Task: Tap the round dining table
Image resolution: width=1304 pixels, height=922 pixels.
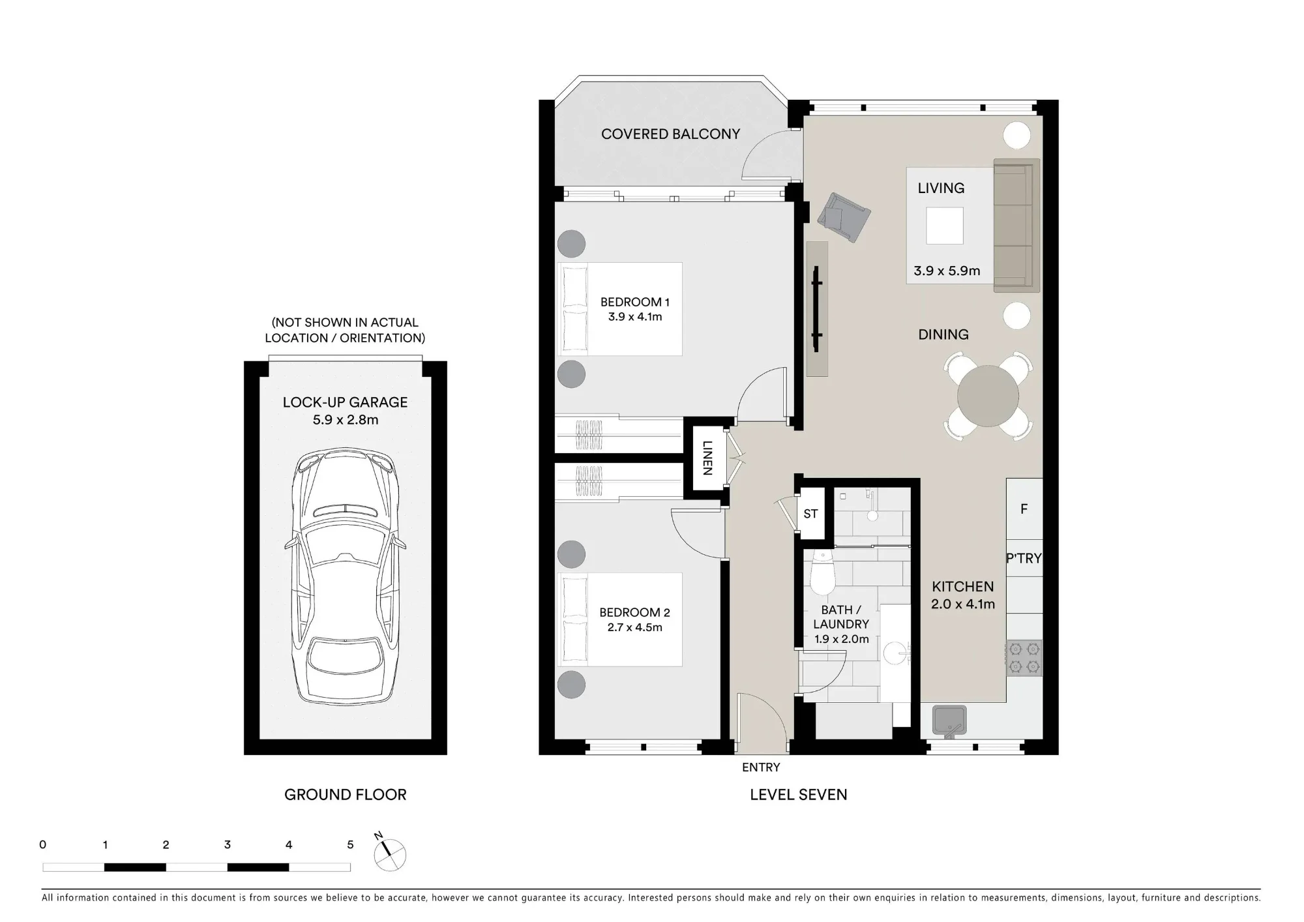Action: pyautogui.click(x=988, y=396)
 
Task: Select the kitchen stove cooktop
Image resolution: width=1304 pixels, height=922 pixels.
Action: pyautogui.click(x=1024, y=658)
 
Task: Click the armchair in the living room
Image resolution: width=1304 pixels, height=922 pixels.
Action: pyautogui.click(x=845, y=216)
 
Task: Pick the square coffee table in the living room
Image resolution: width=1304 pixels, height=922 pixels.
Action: pyautogui.click(x=944, y=226)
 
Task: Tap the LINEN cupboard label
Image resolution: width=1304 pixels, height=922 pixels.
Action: pyautogui.click(x=707, y=458)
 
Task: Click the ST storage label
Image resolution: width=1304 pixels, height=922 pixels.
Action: pyautogui.click(x=810, y=514)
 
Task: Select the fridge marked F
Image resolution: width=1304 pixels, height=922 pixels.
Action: pyautogui.click(x=1024, y=509)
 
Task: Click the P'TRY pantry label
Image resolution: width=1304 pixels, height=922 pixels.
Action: pyautogui.click(x=1024, y=558)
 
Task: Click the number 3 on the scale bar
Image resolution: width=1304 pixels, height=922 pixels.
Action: pyautogui.click(x=228, y=844)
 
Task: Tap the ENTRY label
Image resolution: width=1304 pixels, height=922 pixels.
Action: pyautogui.click(x=761, y=767)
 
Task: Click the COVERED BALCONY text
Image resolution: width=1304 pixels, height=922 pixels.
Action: pyautogui.click(x=670, y=134)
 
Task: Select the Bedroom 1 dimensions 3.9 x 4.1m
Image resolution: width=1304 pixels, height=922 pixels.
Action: pyautogui.click(x=635, y=317)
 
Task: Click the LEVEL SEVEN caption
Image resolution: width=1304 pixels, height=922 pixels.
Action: pyautogui.click(x=799, y=794)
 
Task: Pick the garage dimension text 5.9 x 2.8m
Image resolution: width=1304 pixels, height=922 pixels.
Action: pyautogui.click(x=346, y=420)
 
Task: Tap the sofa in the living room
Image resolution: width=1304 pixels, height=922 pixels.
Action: pyautogui.click(x=1016, y=226)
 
